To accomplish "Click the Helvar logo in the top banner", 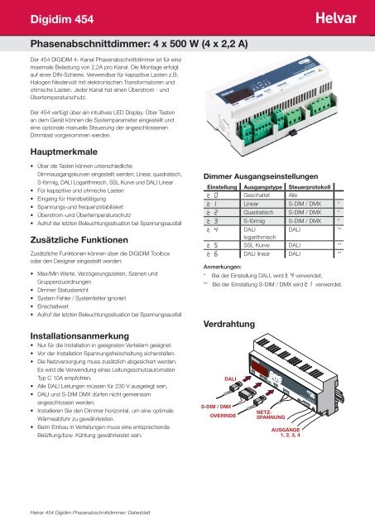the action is (x=339, y=15).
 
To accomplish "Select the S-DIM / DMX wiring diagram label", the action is (x=217, y=407).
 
